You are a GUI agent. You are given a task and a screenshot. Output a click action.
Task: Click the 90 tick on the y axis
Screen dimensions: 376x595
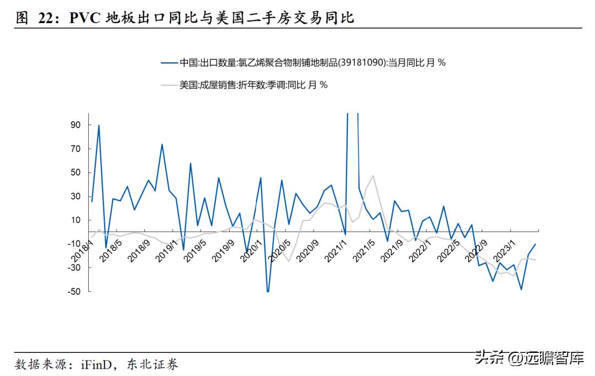(x=75, y=125)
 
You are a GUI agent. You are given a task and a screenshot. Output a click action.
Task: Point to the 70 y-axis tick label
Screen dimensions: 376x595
(x=75, y=149)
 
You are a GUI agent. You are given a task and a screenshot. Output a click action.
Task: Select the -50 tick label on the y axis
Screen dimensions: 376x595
(x=74, y=291)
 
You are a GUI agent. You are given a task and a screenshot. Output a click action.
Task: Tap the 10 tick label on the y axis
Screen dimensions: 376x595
(x=75, y=220)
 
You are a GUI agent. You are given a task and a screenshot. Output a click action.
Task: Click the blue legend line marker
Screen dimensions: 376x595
(x=169, y=63)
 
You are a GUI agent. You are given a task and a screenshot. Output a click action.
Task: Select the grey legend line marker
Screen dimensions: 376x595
(x=169, y=85)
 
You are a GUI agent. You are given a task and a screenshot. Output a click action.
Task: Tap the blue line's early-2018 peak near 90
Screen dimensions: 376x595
(x=99, y=126)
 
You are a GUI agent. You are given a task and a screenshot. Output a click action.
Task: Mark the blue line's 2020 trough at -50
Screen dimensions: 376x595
(x=268, y=291)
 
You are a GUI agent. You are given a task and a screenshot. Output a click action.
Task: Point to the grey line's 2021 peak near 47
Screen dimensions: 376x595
(x=373, y=176)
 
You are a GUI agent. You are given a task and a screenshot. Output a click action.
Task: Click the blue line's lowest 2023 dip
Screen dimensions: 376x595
(x=521, y=289)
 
